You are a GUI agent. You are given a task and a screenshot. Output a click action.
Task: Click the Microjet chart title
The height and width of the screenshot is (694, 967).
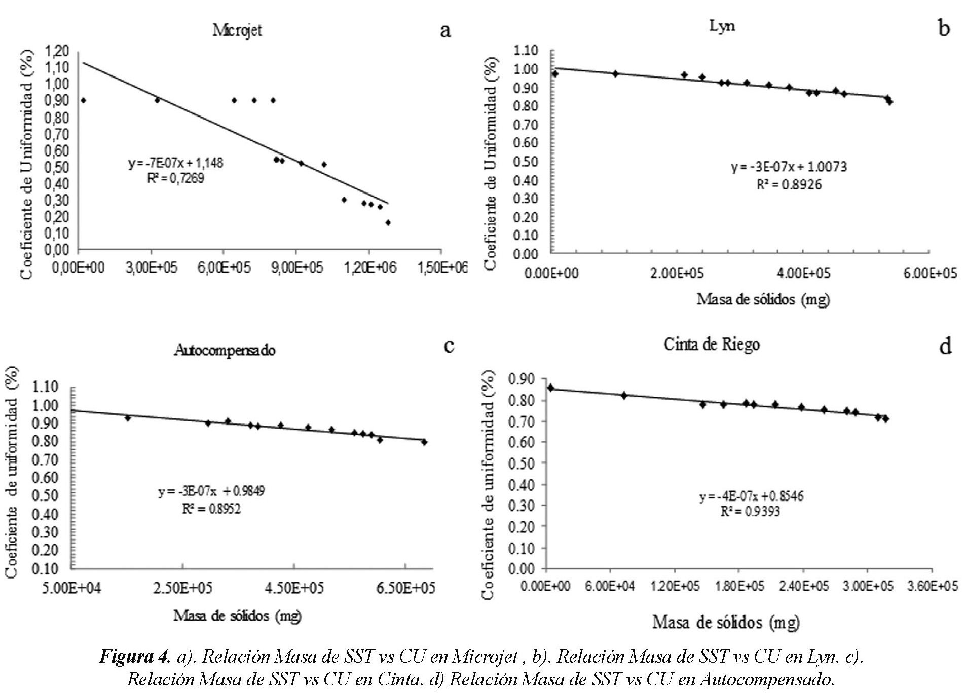(237, 30)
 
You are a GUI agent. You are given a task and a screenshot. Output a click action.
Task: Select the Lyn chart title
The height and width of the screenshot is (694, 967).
(722, 26)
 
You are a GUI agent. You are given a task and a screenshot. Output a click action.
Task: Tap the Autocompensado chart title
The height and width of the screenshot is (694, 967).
(225, 350)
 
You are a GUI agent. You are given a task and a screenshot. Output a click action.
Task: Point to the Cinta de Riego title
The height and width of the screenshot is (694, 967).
(712, 344)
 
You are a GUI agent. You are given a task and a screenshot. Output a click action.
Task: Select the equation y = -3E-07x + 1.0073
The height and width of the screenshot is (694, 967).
(789, 167)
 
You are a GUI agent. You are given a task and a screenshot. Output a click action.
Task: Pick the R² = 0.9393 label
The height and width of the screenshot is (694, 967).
(750, 512)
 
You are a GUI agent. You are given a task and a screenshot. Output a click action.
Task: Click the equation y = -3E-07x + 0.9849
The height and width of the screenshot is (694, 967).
(211, 491)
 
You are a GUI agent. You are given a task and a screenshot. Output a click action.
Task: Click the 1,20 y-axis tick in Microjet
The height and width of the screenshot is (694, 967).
(57, 51)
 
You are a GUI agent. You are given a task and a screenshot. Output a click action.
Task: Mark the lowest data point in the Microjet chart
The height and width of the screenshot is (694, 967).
(388, 222)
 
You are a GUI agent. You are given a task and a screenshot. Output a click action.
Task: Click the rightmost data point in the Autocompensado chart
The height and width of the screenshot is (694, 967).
(424, 442)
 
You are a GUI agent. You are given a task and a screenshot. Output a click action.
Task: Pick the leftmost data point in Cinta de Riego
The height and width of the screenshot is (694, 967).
(551, 388)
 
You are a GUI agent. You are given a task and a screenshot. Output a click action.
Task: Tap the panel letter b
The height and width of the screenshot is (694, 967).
(943, 28)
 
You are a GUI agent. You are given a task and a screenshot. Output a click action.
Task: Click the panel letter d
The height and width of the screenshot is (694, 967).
(945, 347)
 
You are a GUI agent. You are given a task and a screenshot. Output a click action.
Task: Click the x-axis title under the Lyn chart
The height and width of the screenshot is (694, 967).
(763, 299)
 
